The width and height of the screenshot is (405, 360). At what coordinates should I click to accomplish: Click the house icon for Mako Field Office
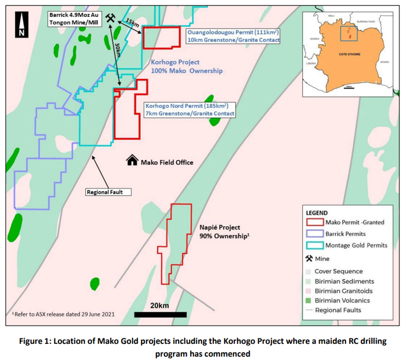click(x=132, y=161)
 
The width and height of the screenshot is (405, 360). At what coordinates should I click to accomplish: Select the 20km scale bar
click(x=160, y=315)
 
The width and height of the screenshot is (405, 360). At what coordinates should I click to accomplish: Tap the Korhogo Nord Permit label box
click(x=189, y=109)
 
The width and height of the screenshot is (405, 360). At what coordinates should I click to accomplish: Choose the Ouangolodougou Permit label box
click(x=233, y=36)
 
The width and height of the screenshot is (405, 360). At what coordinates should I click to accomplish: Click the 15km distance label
click(x=132, y=23)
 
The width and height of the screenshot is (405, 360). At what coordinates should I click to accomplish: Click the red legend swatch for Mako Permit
click(x=314, y=222)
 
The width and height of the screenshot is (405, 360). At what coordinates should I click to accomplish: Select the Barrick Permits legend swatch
click(x=314, y=234)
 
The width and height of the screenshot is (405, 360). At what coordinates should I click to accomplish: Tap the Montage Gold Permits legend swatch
click(x=314, y=245)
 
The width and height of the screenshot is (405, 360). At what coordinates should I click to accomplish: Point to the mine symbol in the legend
click(x=309, y=259)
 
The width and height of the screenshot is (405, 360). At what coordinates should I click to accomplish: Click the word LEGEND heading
click(x=317, y=213)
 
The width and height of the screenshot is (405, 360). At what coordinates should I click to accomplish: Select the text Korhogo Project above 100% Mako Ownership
click(x=175, y=62)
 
